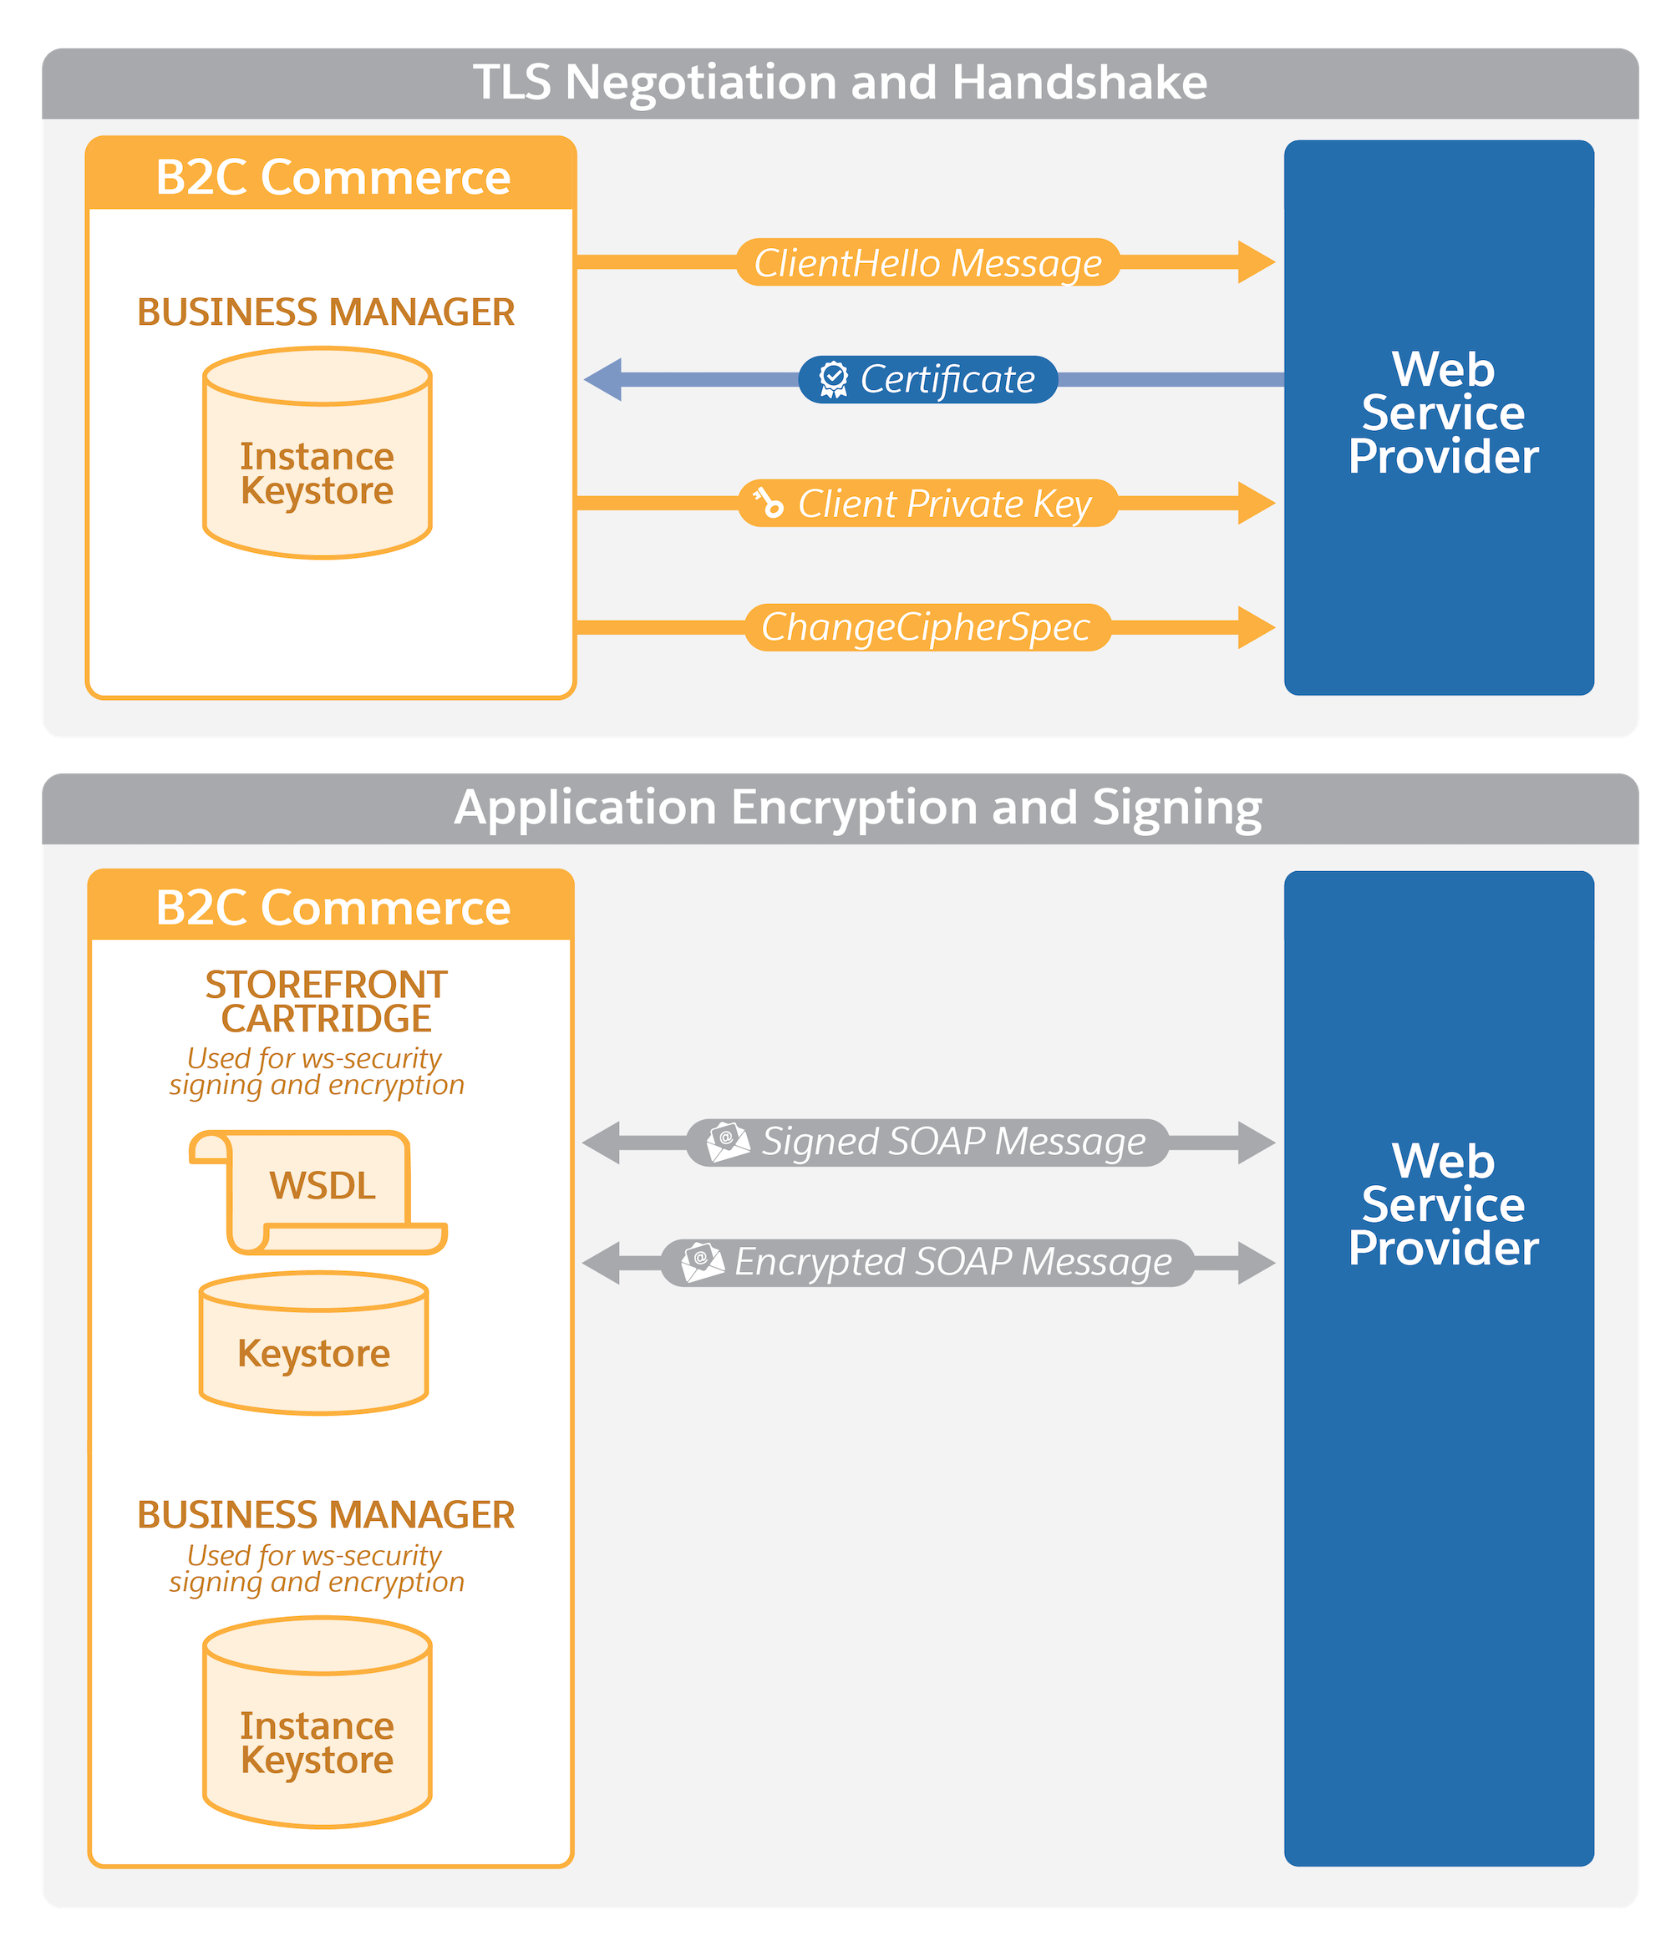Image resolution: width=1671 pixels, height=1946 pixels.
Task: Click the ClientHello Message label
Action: pyautogui.click(x=927, y=263)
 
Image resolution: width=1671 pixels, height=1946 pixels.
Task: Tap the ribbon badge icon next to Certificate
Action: pyautogui.click(x=832, y=379)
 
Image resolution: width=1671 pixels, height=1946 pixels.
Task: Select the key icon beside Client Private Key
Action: pyautogui.click(x=769, y=504)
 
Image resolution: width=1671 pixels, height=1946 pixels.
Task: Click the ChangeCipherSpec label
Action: pyautogui.click(x=925, y=627)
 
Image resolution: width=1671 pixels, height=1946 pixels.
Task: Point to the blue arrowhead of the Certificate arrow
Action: pyautogui.click(x=604, y=379)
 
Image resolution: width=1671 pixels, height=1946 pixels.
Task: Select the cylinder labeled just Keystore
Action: pyautogui.click(x=313, y=1343)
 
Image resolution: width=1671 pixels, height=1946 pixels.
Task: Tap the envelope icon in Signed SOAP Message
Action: pyautogui.click(x=728, y=1142)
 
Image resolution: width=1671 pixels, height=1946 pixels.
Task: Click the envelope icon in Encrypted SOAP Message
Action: pyautogui.click(x=703, y=1262)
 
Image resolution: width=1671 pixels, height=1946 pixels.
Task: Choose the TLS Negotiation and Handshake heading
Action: pyautogui.click(x=840, y=83)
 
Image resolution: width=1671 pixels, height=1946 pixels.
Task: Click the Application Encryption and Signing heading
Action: pyautogui.click(x=857, y=808)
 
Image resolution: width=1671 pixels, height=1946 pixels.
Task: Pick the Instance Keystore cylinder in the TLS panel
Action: pyautogui.click(x=317, y=454)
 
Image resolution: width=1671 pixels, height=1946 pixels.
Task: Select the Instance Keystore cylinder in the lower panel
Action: pyautogui.click(x=317, y=1722)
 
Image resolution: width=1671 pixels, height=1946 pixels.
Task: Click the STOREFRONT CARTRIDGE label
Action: pyautogui.click(x=326, y=1001)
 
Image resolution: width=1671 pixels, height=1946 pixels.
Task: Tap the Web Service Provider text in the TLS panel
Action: pyautogui.click(x=1443, y=413)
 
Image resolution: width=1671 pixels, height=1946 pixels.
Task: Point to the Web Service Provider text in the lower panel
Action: pyautogui.click(x=1443, y=1205)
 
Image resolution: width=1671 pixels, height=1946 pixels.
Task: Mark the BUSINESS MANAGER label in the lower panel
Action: pyautogui.click(x=326, y=1515)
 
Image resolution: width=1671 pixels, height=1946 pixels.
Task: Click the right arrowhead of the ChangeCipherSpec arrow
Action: pyautogui.click(x=1255, y=627)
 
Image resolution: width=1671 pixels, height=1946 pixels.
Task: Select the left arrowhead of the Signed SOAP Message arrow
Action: pyautogui.click(x=602, y=1142)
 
